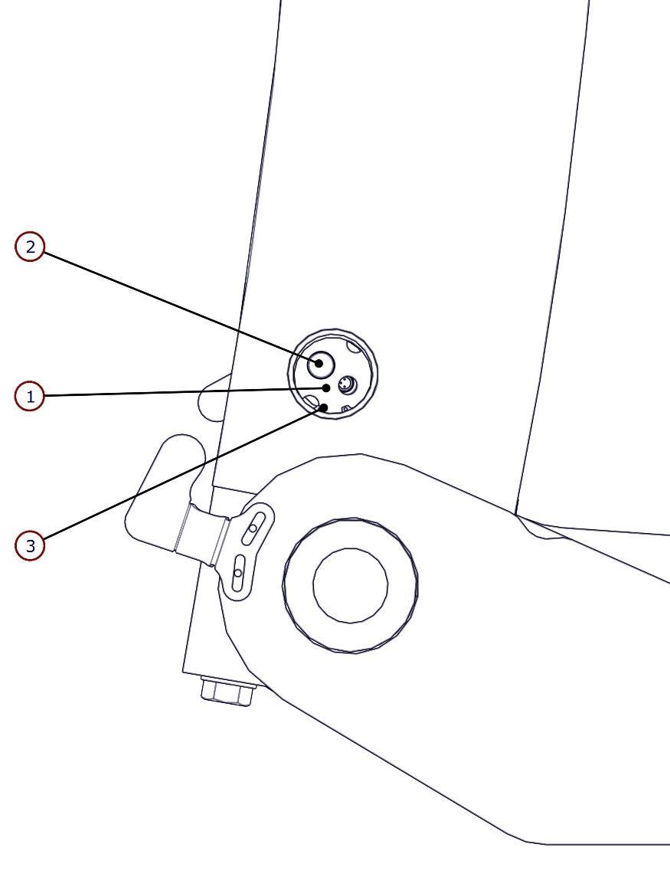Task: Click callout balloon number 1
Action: coord(30,397)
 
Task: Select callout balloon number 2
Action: coord(30,247)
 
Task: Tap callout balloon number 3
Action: coord(30,546)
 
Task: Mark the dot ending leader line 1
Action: coord(327,388)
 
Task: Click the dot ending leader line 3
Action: coord(325,407)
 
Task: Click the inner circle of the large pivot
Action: coord(350,585)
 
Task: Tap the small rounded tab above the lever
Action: coord(211,396)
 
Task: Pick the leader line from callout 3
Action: coord(176,478)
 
